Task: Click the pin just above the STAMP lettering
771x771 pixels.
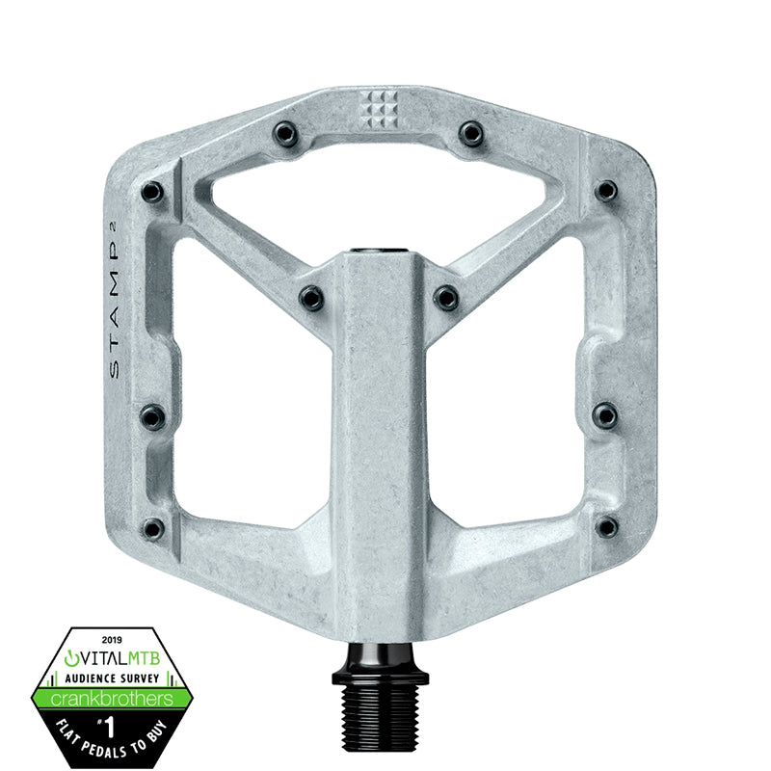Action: (151, 192)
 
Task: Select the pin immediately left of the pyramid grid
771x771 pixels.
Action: (283, 131)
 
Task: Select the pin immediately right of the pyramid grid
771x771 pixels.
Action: (470, 133)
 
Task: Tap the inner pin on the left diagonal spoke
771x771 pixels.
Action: (310, 297)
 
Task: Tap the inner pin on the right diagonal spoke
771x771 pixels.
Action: (445, 297)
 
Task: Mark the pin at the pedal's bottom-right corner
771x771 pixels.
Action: (606, 526)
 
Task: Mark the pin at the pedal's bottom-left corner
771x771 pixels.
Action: (152, 527)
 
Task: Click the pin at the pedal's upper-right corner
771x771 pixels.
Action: (604, 191)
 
